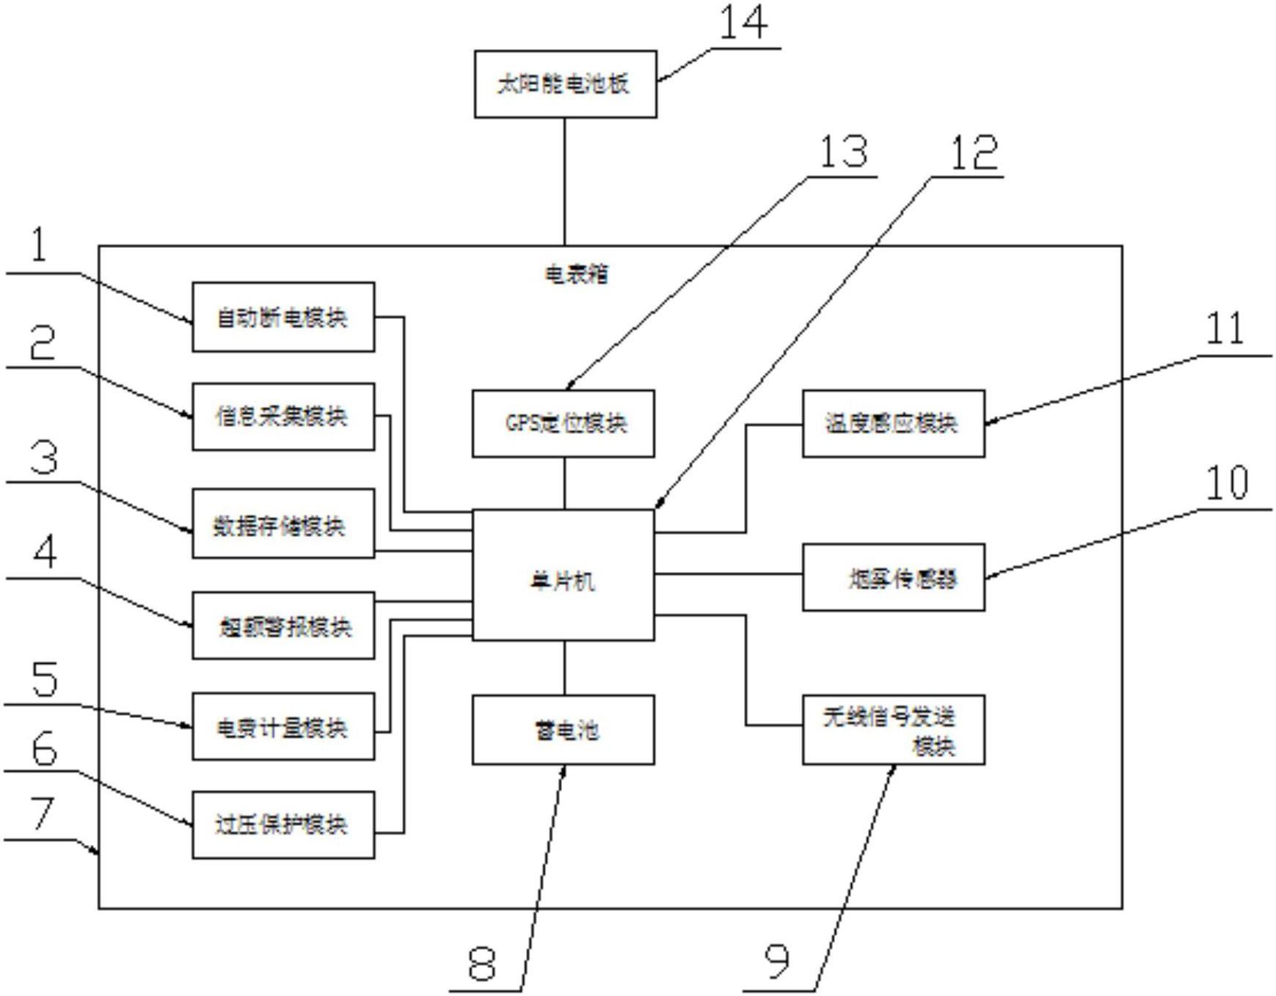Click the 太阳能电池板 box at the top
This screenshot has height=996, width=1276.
(x=565, y=84)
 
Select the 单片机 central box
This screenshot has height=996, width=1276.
(x=563, y=575)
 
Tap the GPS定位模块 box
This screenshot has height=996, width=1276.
(x=563, y=423)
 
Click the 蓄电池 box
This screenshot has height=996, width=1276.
(x=563, y=730)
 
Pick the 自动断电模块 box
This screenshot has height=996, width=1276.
(x=283, y=317)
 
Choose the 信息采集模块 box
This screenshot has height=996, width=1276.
(x=283, y=416)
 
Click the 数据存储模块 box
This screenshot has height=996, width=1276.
(x=283, y=524)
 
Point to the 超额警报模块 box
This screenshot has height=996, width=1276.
(x=283, y=626)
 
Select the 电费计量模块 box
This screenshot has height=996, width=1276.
(x=283, y=726)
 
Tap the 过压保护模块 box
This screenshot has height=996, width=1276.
(x=283, y=825)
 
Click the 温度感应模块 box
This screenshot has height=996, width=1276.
(x=893, y=423)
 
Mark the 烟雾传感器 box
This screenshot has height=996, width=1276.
(x=893, y=577)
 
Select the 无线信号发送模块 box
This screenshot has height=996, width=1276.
(x=893, y=730)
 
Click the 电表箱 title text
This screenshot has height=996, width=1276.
(x=576, y=274)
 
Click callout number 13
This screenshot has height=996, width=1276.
(x=843, y=152)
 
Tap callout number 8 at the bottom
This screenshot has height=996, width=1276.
(x=481, y=964)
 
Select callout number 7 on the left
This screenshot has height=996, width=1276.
(x=42, y=813)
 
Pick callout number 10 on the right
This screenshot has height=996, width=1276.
(x=1227, y=483)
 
